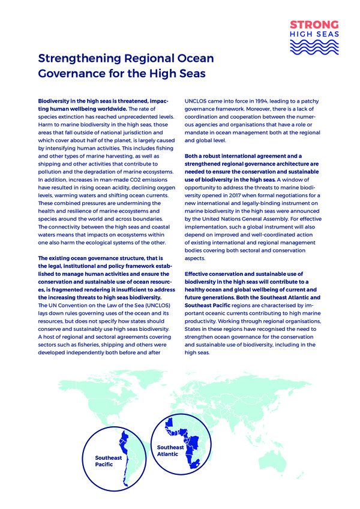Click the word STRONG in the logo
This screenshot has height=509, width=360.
(314, 25)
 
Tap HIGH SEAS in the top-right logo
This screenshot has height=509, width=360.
(314, 34)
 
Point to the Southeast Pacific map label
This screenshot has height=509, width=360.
(108, 461)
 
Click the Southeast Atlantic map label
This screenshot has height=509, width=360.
(170, 450)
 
